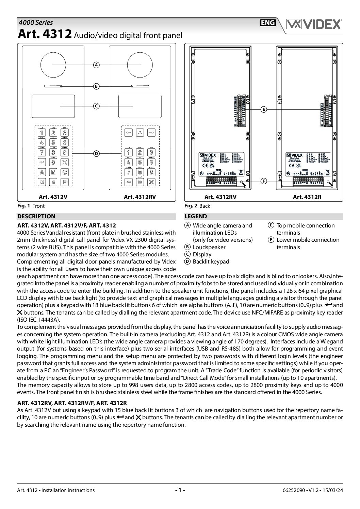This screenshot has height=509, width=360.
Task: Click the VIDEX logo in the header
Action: [314, 24]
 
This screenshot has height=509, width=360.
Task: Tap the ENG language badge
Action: [268, 23]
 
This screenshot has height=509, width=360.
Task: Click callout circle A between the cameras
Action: [97, 65]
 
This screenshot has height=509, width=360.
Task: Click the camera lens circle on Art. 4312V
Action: [52, 65]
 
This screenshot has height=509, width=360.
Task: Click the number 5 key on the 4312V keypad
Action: [53, 143]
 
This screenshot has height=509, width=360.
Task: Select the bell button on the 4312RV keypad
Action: [140, 133]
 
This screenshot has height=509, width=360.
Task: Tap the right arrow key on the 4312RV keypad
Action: [151, 133]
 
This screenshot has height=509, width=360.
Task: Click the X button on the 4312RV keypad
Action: [151, 182]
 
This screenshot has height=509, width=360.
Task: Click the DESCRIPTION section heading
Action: [36, 216]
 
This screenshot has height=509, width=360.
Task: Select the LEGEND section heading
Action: [196, 216]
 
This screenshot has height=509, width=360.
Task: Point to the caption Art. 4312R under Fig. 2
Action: [307, 197]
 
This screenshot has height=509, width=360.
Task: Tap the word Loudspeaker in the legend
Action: [209, 247]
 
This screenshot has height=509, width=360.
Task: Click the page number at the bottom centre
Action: [180, 490]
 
